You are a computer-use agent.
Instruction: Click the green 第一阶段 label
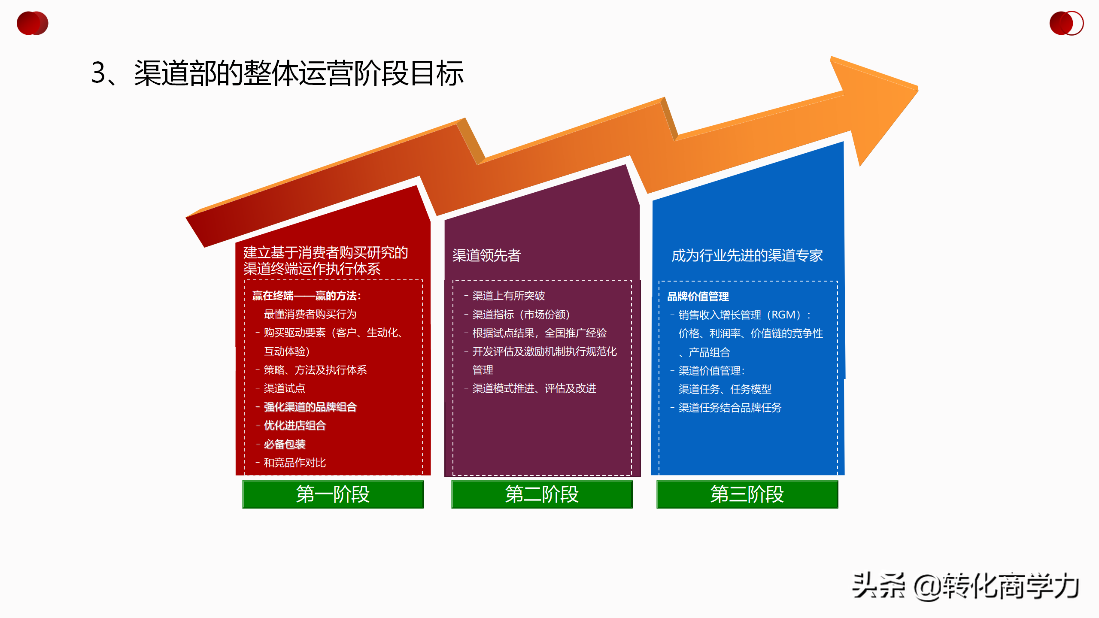333,494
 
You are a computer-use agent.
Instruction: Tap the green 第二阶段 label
542,494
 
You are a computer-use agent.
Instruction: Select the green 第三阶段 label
747,494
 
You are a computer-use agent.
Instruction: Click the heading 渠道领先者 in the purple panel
486,255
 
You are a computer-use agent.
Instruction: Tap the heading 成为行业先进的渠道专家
747,255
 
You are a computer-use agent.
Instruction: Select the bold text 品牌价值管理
698,297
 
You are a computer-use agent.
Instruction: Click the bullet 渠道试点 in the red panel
284,388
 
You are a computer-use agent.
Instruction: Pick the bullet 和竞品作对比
294,463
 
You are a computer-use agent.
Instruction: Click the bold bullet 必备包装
284,444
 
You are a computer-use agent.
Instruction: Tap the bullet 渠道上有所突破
508,296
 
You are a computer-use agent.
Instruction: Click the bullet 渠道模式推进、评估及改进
534,388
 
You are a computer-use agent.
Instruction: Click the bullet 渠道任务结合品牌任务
730,408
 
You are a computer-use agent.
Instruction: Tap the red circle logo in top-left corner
33,23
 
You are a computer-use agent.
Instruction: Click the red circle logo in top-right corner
1066,23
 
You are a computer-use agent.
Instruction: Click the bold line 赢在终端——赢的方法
307,296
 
